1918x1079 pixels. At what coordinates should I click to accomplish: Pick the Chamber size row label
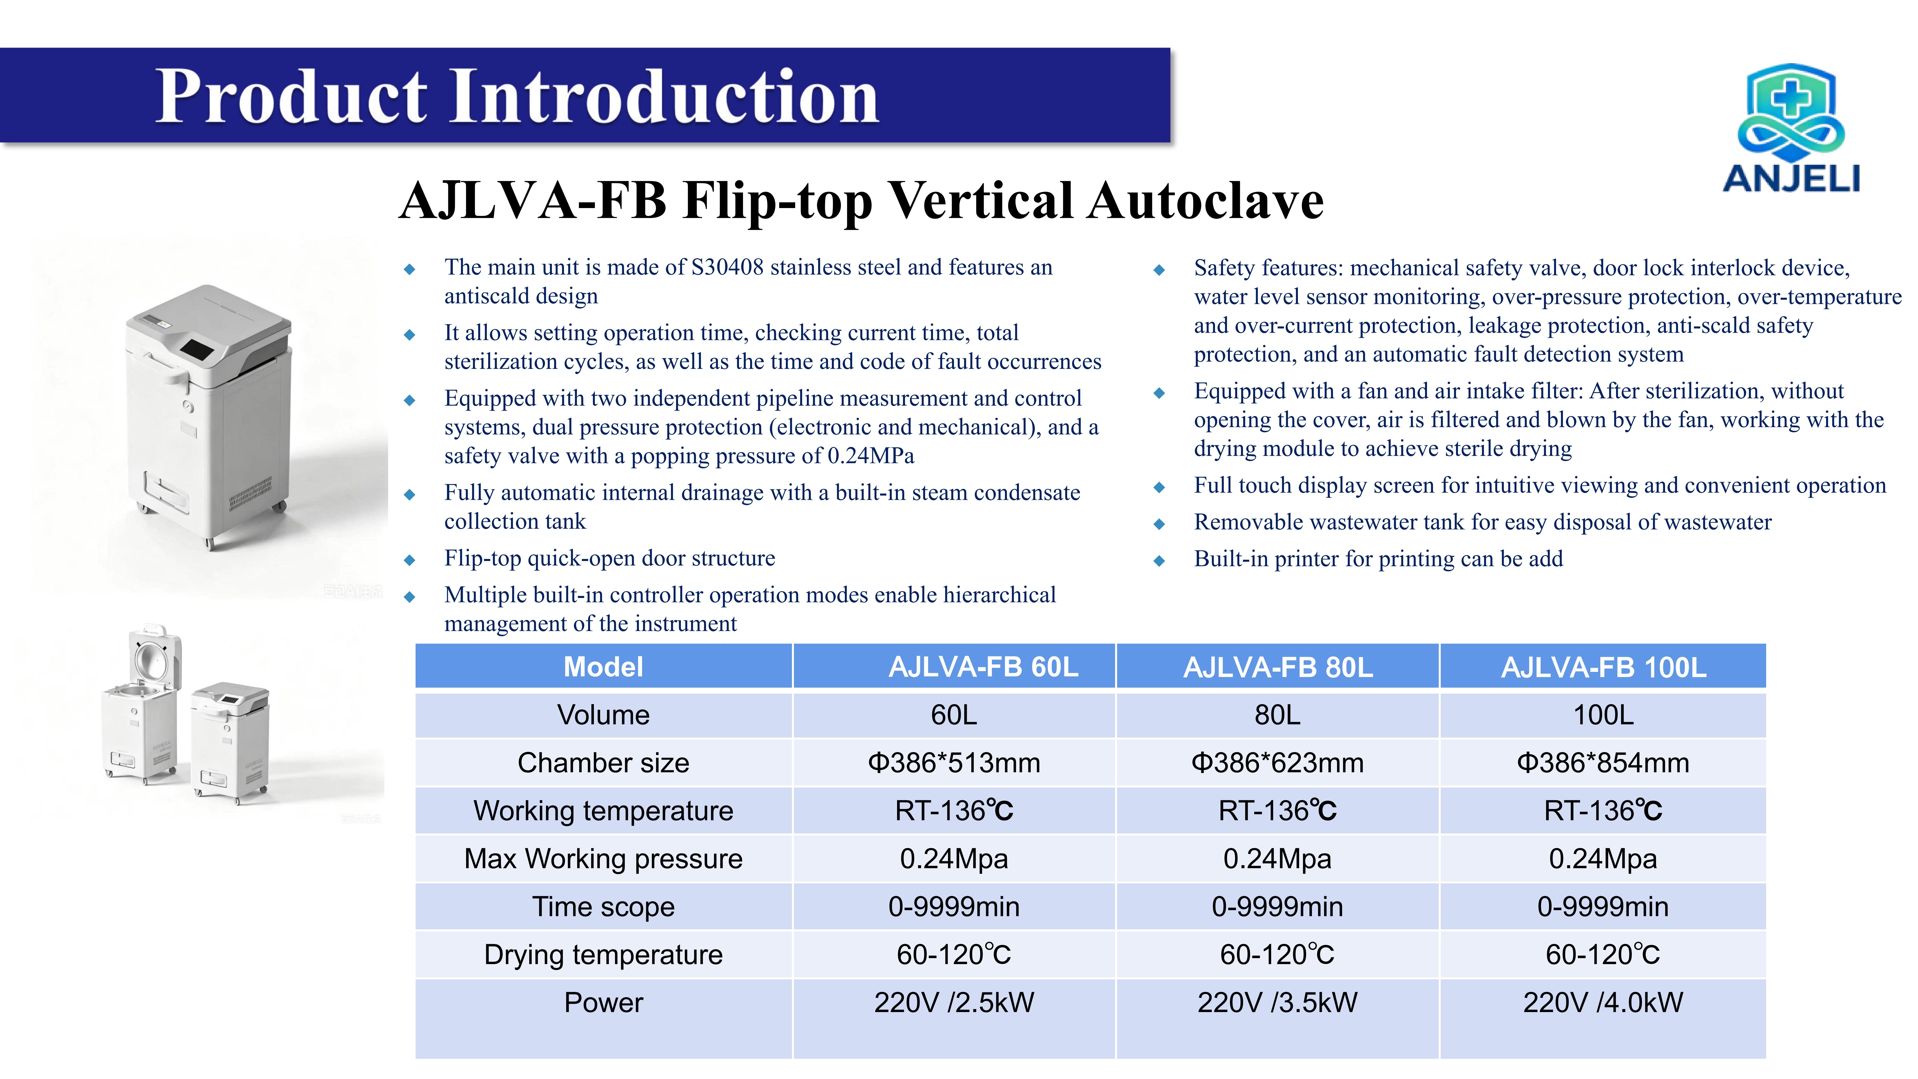pos(603,763)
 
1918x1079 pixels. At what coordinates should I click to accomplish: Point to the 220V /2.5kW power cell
pos(954,1002)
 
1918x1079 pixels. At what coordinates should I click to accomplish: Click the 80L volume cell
pos(1278,715)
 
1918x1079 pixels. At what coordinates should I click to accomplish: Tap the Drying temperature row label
pos(603,955)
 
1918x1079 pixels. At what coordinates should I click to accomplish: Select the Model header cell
pos(603,666)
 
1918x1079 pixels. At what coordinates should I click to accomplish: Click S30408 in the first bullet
pos(727,267)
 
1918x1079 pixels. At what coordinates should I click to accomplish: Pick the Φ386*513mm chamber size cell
pos(954,763)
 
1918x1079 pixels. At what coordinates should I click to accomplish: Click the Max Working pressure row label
pos(603,859)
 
